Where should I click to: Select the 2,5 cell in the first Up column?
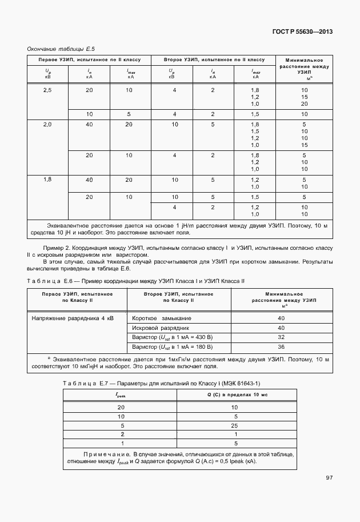47,90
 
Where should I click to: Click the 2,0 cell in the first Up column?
47,124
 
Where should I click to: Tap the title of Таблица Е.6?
135,281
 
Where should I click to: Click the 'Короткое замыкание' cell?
162,318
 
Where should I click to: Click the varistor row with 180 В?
172,346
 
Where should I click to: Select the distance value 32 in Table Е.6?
281,337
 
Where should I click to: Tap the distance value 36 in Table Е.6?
281,346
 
